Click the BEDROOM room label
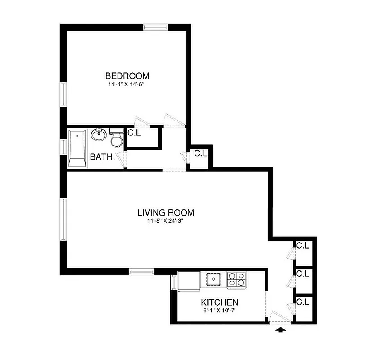[127, 76]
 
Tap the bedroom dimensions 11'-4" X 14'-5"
[127, 85]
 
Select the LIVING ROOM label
[166, 212]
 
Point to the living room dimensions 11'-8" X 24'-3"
[166, 221]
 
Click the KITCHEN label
[219, 302]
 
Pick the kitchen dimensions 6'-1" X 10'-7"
[219, 310]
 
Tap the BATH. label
[102, 157]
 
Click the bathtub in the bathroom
[77, 148]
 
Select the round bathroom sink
[99, 135]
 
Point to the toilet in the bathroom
[116, 140]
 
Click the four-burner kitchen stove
[237, 279]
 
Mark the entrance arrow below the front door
[281, 330]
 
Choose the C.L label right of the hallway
[200, 153]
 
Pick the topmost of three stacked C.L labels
[302, 246]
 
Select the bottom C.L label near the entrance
[302, 302]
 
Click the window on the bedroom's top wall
[155, 27]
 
